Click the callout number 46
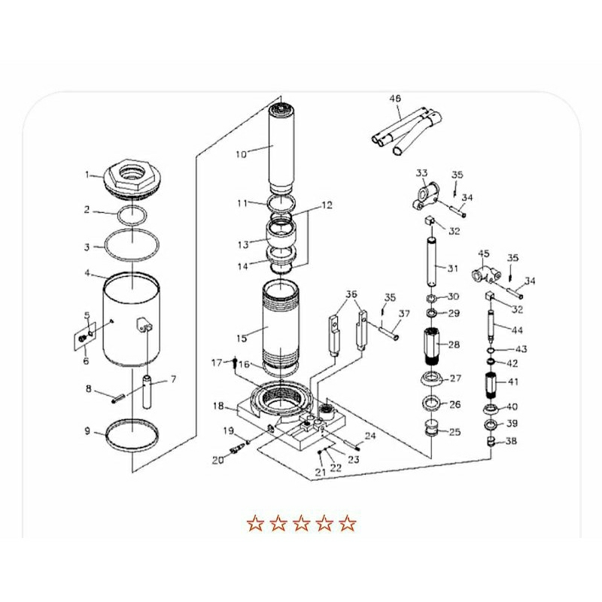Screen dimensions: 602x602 click(396, 99)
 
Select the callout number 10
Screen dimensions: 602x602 click(241, 155)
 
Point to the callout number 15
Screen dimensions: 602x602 click(241, 329)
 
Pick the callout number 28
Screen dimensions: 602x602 click(453, 345)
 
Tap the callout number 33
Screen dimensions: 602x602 click(421, 174)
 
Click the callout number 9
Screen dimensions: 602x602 click(87, 431)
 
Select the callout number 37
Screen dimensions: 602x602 click(404, 314)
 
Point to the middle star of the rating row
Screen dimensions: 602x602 click(301, 522)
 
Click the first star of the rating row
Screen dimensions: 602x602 click(256, 522)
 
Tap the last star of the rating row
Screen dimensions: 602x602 click(347, 522)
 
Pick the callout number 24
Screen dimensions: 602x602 click(369, 436)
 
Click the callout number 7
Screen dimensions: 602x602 click(173, 379)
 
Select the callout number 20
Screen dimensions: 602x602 click(218, 460)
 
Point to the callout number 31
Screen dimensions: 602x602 click(452, 269)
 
